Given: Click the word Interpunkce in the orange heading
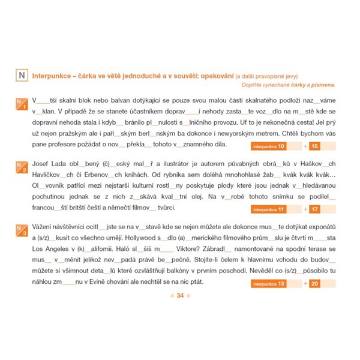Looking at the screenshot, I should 52,76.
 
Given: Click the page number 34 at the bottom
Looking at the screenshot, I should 179,296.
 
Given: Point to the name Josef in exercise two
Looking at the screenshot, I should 42,163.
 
